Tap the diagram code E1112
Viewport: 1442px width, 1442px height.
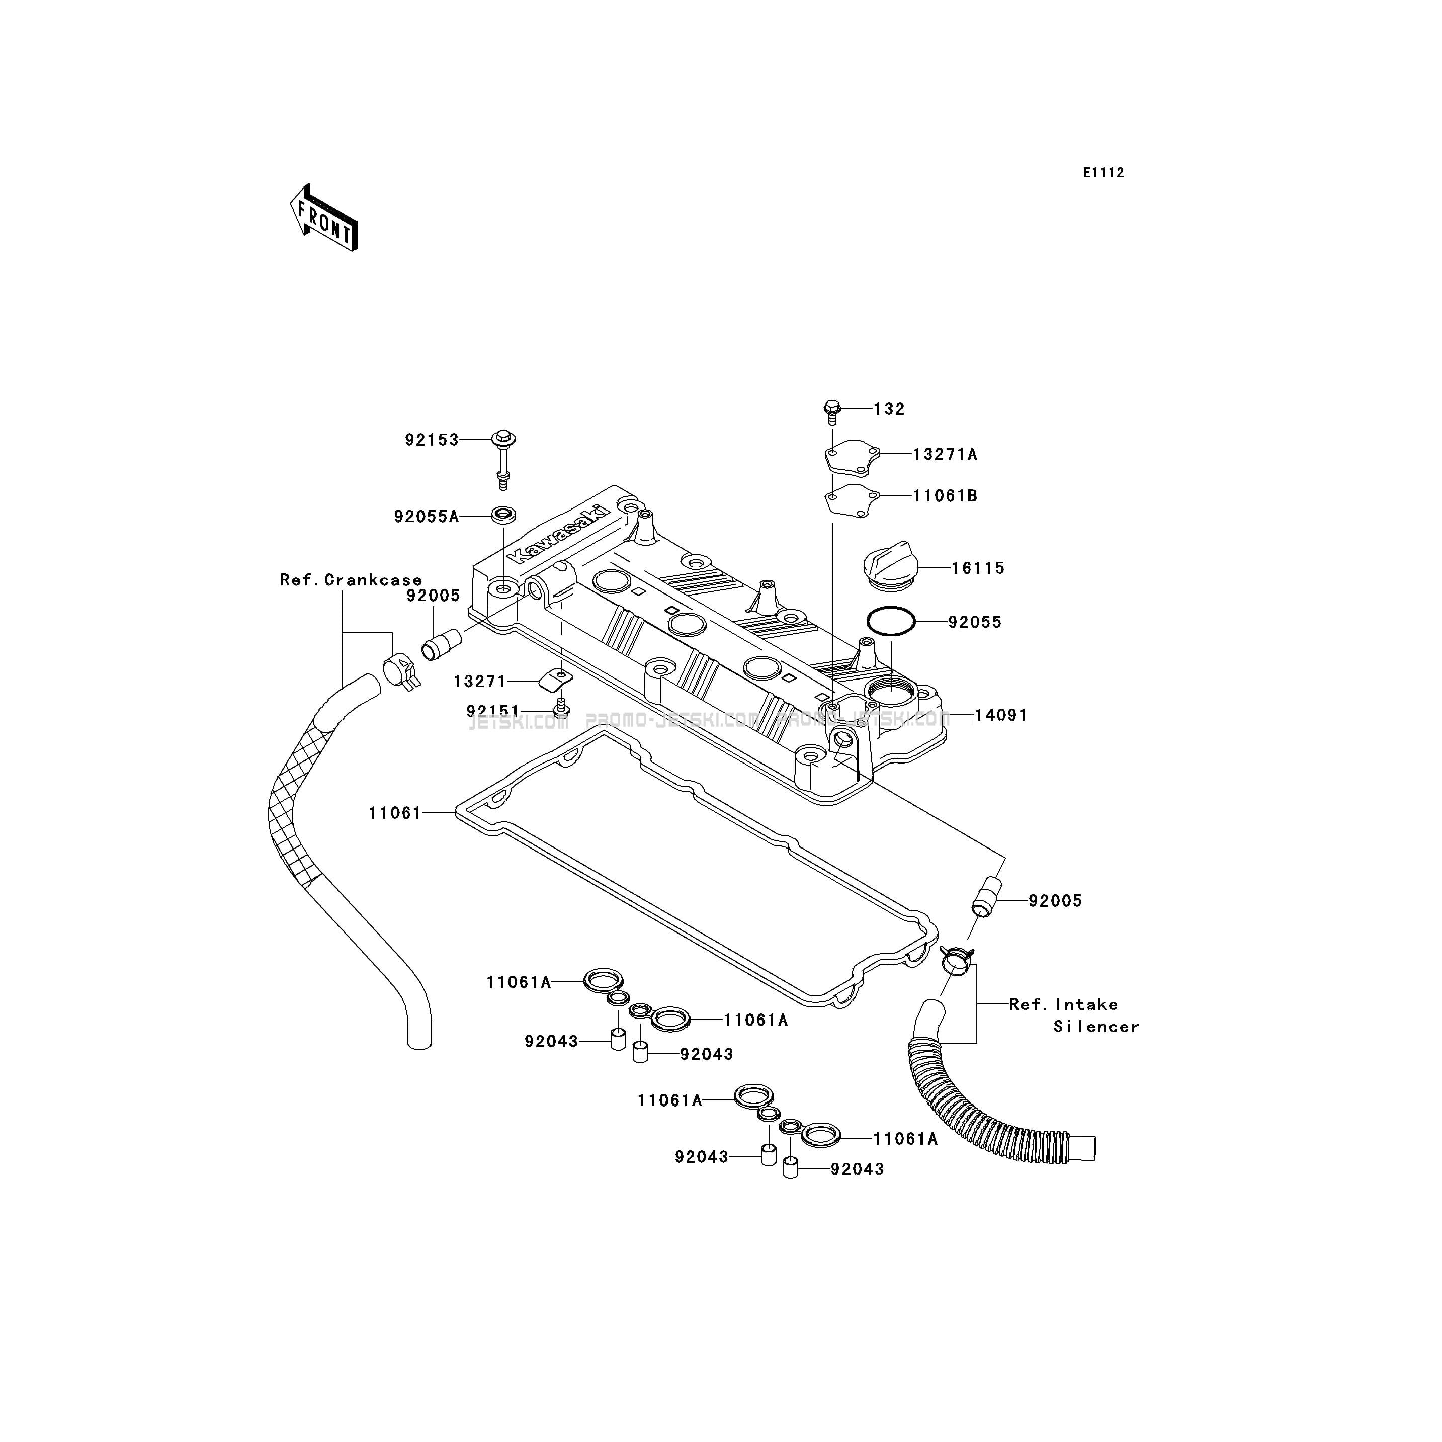click(1103, 173)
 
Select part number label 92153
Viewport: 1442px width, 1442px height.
click(432, 440)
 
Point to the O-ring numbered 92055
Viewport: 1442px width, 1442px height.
click(890, 622)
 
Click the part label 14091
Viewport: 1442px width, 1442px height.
click(1001, 715)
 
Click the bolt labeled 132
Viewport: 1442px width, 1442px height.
click(833, 410)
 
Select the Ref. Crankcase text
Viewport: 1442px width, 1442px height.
click(351, 580)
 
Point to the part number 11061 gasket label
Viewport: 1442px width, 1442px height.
click(395, 813)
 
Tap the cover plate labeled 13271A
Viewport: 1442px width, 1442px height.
click(852, 457)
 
